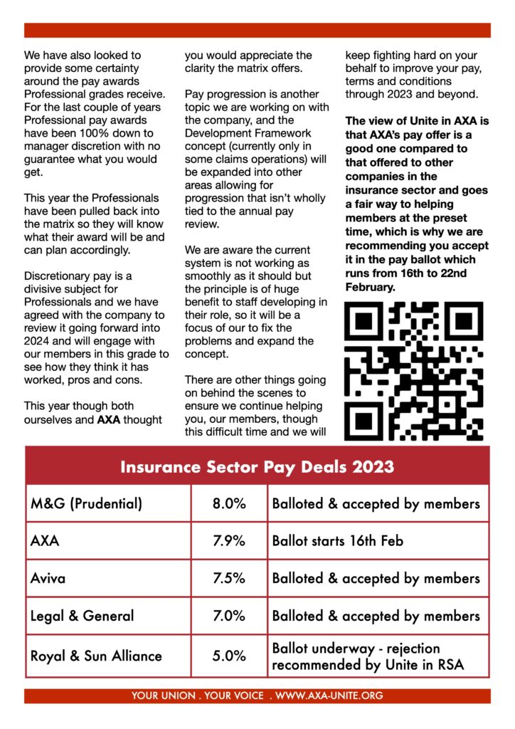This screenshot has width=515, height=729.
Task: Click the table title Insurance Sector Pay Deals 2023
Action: pyautogui.click(x=257, y=467)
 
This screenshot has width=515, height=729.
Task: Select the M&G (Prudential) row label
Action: pyautogui.click(x=86, y=503)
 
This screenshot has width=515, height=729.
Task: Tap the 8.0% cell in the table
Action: pyautogui.click(x=229, y=503)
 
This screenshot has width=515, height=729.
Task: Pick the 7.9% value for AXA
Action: pyautogui.click(x=229, y=540)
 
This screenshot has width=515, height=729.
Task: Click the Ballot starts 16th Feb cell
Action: pyautogui.click(x=337, y=540)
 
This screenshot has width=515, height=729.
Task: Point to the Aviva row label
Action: pyautogui.click(x=48, y=578)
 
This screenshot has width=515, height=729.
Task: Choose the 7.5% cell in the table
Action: pyautogui.click(x=229, y=578)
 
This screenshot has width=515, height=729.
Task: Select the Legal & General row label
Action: pyautogui.click(x=82, y=616)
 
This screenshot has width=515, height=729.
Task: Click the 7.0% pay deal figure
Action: pyautogui.click(x=229, y=616)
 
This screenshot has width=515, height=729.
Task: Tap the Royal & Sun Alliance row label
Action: pyautogui.click(x=96, y=656)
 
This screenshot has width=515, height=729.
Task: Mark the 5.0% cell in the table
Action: pyautogui.click(x=229, y=656)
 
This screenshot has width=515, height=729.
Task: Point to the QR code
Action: pyautogui.click(x=414, y=370)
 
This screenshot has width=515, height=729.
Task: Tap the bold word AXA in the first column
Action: pyautogui.click(x=108, y=419)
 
